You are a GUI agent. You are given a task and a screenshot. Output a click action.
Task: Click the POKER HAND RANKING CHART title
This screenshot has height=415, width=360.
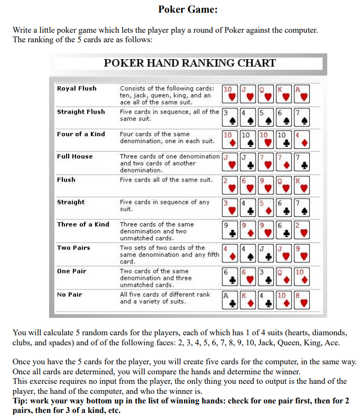pyautogui.click(x=190, y=63)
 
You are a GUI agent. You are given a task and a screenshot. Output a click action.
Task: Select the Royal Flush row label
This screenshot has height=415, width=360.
pyautogui.click(x=77, y=88)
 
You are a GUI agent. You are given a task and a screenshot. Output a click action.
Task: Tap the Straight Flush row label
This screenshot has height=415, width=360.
pyautogui.click(x=81, y=111)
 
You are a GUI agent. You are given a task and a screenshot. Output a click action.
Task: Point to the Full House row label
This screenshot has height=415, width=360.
pyautogui.click(x=74, y=156)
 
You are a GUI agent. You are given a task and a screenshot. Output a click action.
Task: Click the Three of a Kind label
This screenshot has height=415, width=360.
pyautogui.click(x=83, y=224)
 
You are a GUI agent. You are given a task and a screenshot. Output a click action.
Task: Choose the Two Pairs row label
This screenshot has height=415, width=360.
pyautogui.click(x=73, y=248)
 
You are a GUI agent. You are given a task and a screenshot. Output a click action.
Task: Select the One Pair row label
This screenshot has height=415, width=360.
pyautogui.click(x=71, y=271)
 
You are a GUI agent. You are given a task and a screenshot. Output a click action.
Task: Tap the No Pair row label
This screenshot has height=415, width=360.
pyautogui.click(x=70, y=294)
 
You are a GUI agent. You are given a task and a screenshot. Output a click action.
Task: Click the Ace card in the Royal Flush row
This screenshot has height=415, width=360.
pyautogui.click(x=301, y=93)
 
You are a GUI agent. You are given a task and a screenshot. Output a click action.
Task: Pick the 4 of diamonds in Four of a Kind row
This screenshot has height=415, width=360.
pyautogui.click(x=301, y=139)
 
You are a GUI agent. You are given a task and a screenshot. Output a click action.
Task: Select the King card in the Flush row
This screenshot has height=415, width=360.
pyautogui.click(x=301, y=184)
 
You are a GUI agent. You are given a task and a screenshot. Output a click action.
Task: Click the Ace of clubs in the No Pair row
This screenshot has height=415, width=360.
pyautogui.click(x=230, y=299)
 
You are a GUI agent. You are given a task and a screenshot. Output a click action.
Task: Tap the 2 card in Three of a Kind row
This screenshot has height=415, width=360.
pyautogui.click(x=301, y=230)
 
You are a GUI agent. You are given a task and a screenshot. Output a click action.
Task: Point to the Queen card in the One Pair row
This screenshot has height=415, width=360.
pyautogui.click(x=283, y=276)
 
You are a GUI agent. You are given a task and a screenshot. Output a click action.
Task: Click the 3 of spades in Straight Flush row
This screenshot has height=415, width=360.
pyautogui.click(x=230, y=116)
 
